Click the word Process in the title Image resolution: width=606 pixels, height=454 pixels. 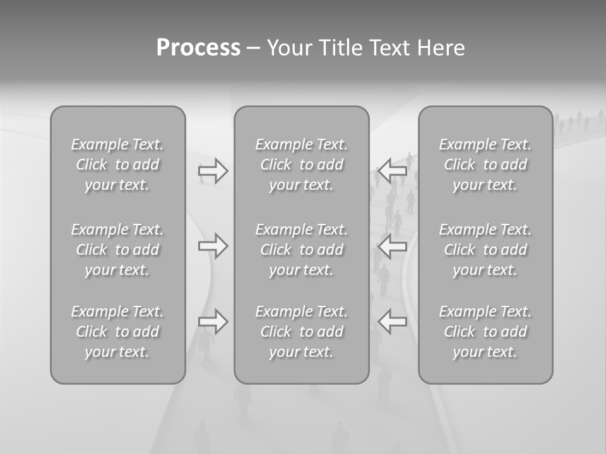198,48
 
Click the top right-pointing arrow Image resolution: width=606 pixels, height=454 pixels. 213,170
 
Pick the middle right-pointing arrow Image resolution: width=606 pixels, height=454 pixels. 213,246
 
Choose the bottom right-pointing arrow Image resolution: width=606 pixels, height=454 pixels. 213,322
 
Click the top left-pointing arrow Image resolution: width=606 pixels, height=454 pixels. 392,170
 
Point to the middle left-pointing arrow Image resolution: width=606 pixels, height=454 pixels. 392,246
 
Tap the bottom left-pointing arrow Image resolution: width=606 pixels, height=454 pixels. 392,322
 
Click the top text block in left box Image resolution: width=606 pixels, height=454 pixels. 117,165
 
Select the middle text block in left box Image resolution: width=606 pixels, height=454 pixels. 117,250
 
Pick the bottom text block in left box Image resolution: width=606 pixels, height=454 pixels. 117,332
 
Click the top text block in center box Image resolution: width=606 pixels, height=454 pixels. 302,165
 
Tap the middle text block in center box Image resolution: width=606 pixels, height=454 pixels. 302,250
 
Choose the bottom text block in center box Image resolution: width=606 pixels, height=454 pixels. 302,332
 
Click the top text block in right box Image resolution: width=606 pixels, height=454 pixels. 485,165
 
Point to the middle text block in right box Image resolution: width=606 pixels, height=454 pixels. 485,250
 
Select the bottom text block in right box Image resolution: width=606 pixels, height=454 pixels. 485,332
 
